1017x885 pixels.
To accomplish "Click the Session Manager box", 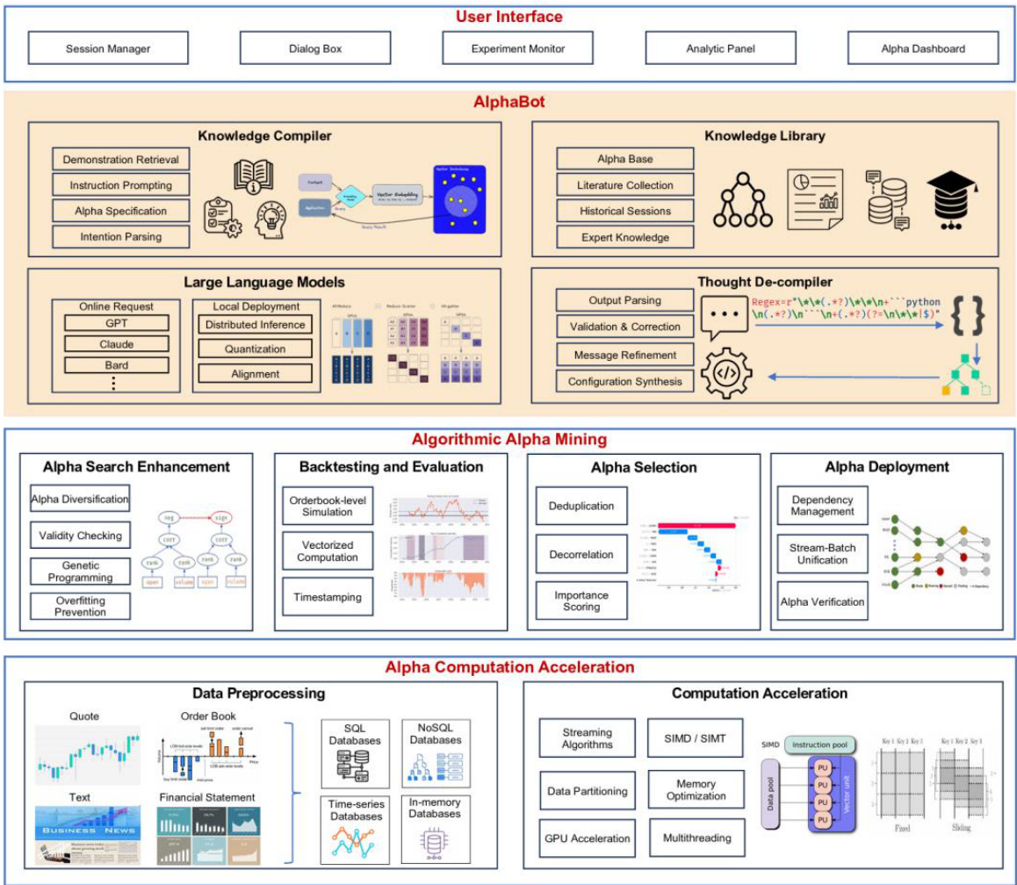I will point(108,48).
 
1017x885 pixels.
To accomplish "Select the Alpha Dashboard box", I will point(922,48).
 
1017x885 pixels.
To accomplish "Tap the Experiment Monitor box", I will point(517,48).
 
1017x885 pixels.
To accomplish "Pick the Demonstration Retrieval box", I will point(120,160).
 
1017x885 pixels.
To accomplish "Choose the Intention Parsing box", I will point(120,236).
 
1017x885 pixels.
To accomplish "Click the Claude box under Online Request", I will point(116,344).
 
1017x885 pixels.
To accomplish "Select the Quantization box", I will point(255,349).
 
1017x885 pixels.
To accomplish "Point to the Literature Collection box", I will point(624,185).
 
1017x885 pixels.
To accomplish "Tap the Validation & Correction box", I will point(624,327).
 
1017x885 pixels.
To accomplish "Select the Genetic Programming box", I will point(80,572).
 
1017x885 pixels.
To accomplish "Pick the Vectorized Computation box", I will point(326,550).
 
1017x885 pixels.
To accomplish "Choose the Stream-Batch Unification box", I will point(822,553).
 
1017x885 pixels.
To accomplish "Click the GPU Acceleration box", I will point(588,838).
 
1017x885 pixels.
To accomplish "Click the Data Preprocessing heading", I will point(258,693).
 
